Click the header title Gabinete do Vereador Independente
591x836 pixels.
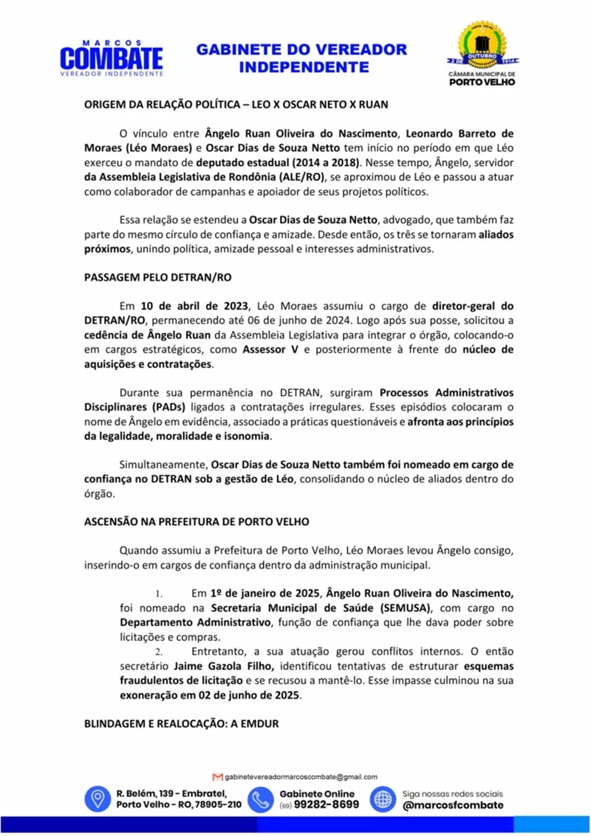click(x=301, y=58)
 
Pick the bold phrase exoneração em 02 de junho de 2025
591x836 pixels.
click(x=211, y=696)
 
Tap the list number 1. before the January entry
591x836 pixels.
click(x=158, y=594)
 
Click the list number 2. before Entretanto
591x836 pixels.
click(x=158, y=652)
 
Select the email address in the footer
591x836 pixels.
click(x=300, y=776)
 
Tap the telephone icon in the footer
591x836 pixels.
click(x=260, y=798)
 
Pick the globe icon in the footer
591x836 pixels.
click(x=383, y=798)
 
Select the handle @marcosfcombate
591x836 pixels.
click(x=453, y=805)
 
